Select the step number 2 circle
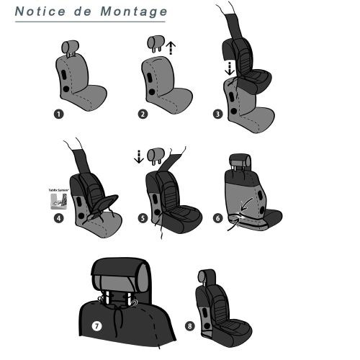pos(143,112)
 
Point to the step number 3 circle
pos(217,112)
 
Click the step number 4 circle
pos(58,218)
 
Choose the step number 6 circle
pos(217,218)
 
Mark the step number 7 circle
pos(96,325)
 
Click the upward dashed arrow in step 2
pos(170,48)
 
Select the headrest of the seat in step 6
pos(240,160)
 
